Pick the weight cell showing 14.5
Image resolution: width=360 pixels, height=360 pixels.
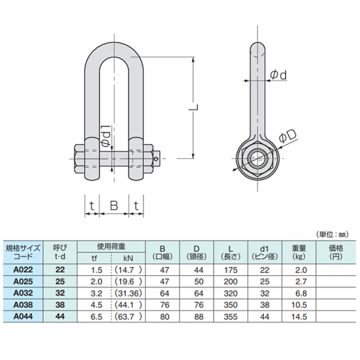pyautogui.click(x=299, y=316)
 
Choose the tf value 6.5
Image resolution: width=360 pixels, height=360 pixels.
pyautogui.click(x=97, y=316)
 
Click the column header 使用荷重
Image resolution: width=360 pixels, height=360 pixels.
pyautogui.click(x=111, y=246)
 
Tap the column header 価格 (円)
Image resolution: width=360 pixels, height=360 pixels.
pyautogui.click(x=335, y=252)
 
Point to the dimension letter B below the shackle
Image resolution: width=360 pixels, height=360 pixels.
pyautogui.click(x=114, y=205)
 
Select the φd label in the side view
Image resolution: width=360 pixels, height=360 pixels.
pyautogui.click(x=278, y=75)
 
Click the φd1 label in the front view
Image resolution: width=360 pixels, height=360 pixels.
pyautogui.click(x=106, y=136)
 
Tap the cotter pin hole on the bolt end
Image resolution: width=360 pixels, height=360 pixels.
pyautogui.click(x=158, y=159)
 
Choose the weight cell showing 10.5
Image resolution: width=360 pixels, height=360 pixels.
pyautogui.click(x=299, y=305)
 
